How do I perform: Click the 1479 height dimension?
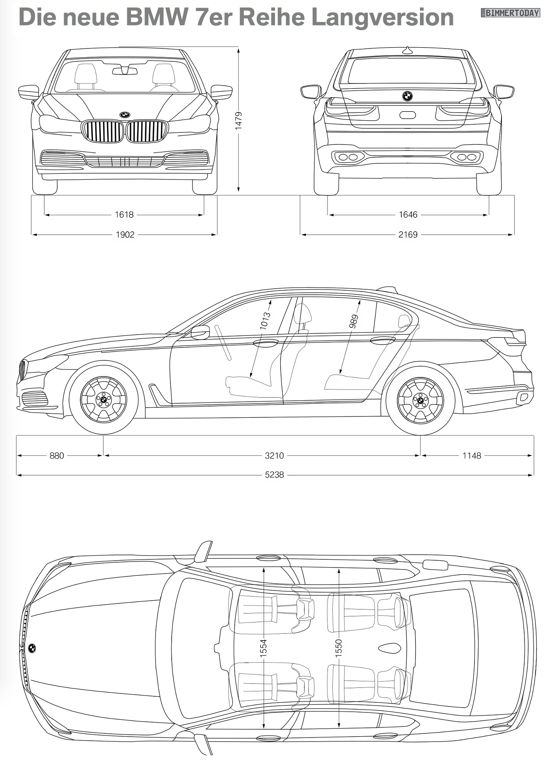(239, 120)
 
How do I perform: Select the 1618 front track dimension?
(124, 215)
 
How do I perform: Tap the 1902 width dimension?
(125, 235)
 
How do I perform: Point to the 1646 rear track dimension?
(408, 215)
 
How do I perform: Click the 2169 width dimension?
(408, 235)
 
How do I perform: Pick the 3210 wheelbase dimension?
(274, 456)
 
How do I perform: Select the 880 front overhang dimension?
(57, 456)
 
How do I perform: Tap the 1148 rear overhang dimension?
(472, 456)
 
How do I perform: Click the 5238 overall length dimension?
(274, 475)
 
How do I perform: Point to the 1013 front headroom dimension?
(265, 320)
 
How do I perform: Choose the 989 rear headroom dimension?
(354, 321)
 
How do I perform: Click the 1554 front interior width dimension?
(263, 647)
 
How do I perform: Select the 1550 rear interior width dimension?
(338, 647)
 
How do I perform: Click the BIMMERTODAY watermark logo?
(510, 13)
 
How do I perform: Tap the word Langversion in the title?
(382, 17)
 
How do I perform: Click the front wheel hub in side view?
(103, 400)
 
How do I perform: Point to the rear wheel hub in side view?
(420, 400)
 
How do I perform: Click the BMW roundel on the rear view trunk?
(407, 96)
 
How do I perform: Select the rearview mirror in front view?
(125, 71)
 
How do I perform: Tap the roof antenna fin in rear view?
(407, 50)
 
